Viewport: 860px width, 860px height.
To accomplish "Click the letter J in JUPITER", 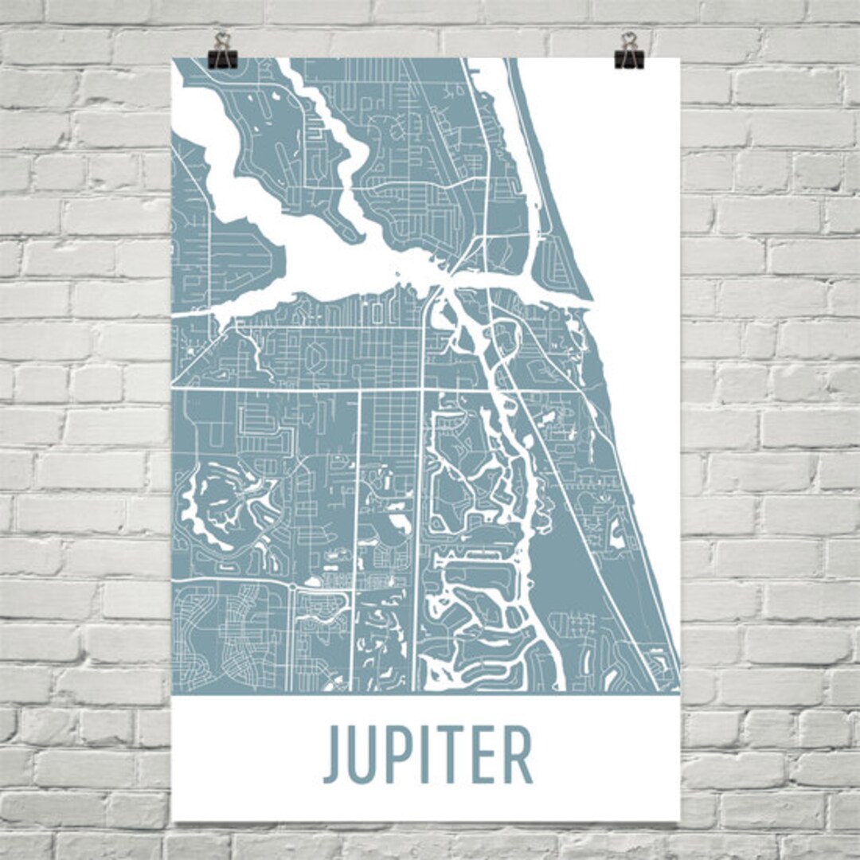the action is pos(332,756).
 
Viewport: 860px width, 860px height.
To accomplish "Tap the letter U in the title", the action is pos(365,756).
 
